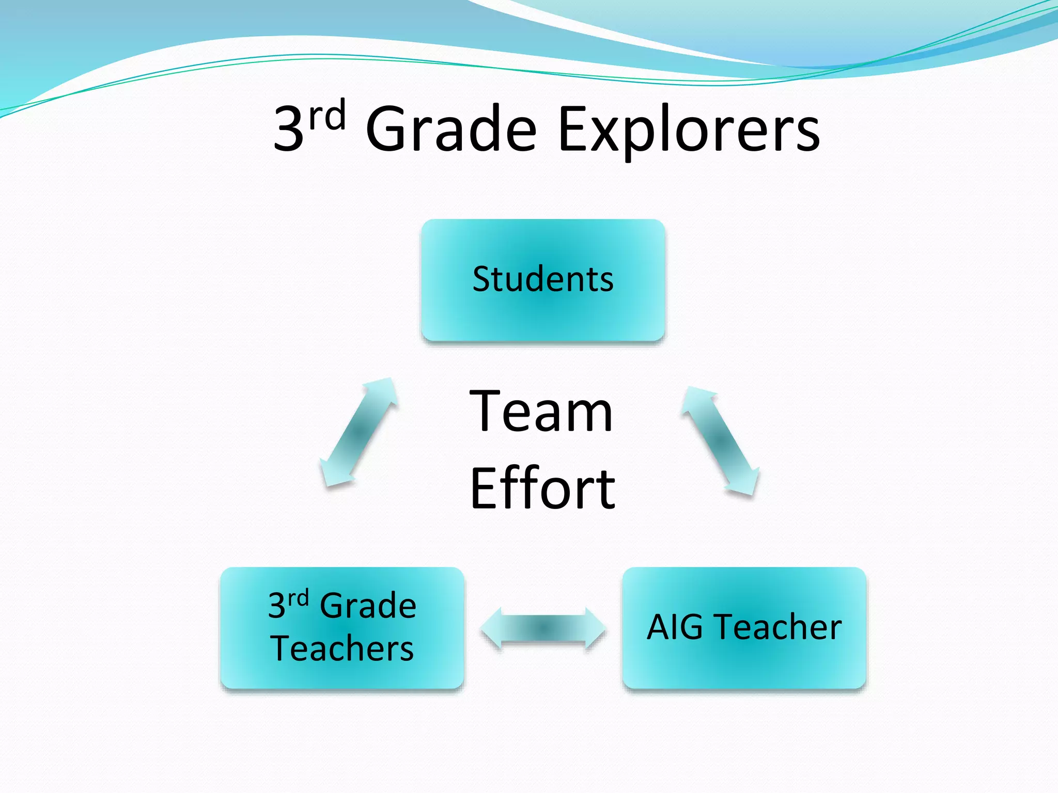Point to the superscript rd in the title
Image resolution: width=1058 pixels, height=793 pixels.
coord(326,116)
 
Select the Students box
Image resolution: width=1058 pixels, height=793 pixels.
coord(542,310)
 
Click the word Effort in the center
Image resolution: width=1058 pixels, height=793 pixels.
coord(542,488)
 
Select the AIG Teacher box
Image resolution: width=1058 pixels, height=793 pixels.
coord(744,661)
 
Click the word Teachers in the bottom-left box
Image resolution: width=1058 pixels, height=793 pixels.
coord(342,648)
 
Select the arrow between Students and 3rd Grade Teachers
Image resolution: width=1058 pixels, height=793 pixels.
coord(360,432)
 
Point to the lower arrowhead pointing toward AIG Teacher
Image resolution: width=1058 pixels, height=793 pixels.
coord(744,480)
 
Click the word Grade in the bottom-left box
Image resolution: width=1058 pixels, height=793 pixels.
coord(368,605)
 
